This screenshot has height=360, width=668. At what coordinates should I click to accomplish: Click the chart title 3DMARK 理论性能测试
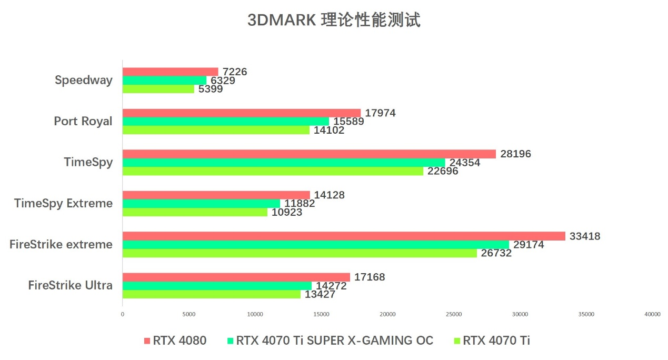click(334, 20)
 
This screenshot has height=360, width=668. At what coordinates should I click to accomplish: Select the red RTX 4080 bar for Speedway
click(170, 72)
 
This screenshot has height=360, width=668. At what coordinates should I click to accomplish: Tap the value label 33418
click(584, 236)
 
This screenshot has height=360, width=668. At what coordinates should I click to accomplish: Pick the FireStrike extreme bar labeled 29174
click(316, 245)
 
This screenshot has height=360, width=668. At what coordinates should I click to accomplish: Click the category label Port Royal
click(83, 121)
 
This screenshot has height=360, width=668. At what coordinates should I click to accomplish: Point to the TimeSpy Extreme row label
click(63, 203)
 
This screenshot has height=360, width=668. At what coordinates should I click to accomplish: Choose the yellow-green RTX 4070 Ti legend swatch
click(457, 341)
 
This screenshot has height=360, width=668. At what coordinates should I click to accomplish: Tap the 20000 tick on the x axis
click(387, 314)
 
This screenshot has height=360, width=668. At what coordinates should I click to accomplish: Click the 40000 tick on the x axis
click(652, 314)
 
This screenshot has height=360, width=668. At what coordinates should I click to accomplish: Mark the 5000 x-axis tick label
click(189, 314)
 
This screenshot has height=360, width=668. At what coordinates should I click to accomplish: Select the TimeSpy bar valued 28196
click(309, 154)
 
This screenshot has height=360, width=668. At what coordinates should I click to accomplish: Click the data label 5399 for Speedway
click(211, 89)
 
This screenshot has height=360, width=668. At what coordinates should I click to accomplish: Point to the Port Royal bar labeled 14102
click(216, 130)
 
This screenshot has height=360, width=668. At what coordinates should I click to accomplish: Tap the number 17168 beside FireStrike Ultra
click(369, 277)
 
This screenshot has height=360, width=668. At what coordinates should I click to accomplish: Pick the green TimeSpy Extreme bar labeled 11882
click(201, 204)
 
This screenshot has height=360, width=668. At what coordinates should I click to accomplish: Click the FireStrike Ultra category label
click(70, 285)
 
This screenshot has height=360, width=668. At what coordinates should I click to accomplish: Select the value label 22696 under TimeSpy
click(443, 171)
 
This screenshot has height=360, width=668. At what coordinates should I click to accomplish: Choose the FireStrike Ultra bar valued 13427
click(212, 294)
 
